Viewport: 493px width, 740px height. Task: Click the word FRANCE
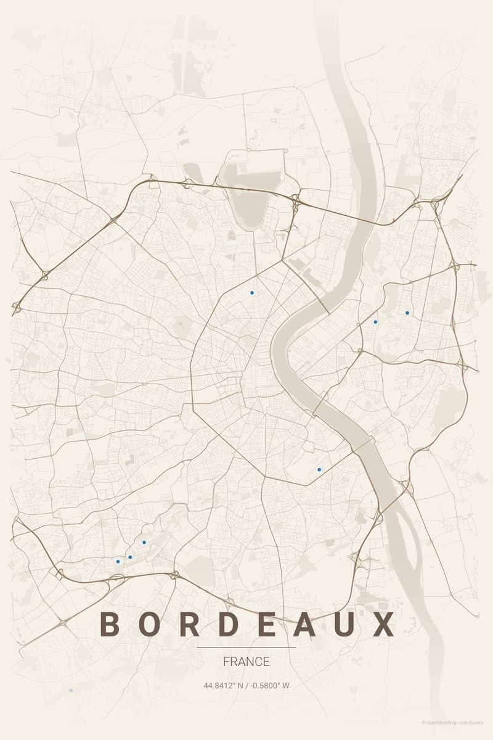click(x=246, y=662)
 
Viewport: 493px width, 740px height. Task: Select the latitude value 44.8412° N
click(x=224, y=685)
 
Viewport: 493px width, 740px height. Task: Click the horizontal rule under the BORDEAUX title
click(x=246, y=647)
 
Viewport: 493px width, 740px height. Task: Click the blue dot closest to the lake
click(x=251, y=293)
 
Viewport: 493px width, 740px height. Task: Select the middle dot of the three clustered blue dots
click(x=130, y=557)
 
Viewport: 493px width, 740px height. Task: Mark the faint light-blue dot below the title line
click(x=71, y=691)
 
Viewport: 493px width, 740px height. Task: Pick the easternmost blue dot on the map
click(x=407, y=313)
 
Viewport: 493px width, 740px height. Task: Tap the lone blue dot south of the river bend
click(x=319, y=469)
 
